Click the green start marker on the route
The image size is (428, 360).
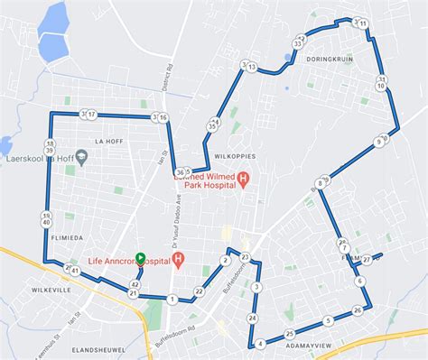pyautogui.click(x=140, y=257)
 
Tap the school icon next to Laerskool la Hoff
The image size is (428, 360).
pyautogui.click(x=81, y=157)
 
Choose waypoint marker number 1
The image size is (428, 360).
pyautogui.click(x=172, y=299)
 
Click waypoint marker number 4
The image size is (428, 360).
pyautogui.click(x=260, y=344)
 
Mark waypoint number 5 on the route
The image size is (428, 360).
pyautogui.click(x=329, y=320)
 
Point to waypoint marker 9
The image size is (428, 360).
pyautogui.click(x=378, y=143)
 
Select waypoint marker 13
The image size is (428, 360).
pyautogui.click(x=252, y=68)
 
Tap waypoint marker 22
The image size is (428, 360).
pyautogui.click(x=199, y=291)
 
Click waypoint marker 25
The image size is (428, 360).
pyautogui.click(x=289, y=334)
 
